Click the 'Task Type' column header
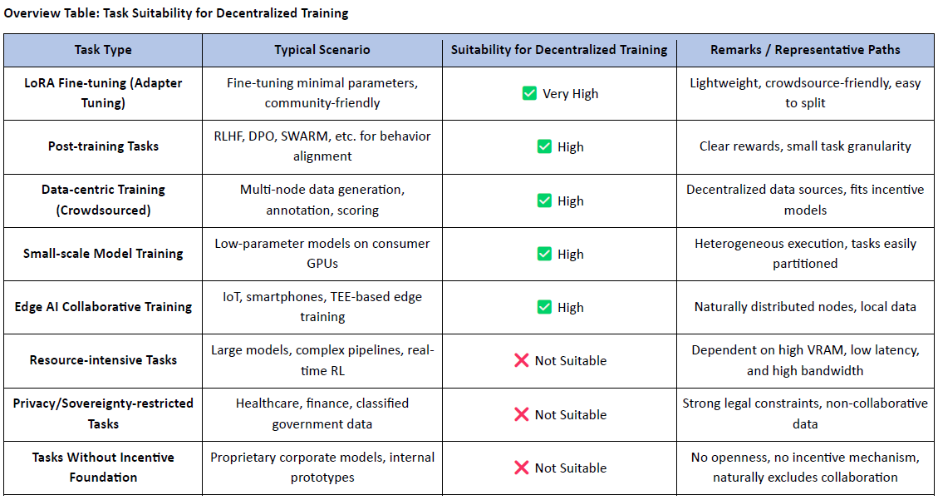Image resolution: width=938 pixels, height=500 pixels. coord(103,50)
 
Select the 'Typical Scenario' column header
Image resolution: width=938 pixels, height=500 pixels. coord(322,50)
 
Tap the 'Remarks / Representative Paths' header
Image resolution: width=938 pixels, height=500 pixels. coord(805,50)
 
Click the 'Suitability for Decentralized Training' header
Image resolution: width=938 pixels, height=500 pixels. coord(559,50)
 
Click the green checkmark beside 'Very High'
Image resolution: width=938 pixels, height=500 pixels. coord(529,93)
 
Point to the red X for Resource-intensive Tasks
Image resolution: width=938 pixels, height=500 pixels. coord(521,360)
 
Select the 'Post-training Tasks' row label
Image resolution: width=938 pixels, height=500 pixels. coord(103,146)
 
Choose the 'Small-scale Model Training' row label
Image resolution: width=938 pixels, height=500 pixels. coord(103,253)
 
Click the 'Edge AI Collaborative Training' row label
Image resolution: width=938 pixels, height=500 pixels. coord(103,307)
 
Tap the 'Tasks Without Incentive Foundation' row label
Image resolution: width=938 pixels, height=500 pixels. coord(103,467)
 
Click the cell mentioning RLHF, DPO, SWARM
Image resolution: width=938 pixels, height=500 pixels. coord(322,146)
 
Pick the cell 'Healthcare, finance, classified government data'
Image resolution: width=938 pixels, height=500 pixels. coord(322,413)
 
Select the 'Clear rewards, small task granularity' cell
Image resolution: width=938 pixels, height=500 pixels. coord(805,146)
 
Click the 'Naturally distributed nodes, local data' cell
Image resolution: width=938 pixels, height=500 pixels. coord(805,307)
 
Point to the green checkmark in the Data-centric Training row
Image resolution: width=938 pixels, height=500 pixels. coord(544,200)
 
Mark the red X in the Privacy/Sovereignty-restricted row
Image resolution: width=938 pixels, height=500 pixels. coord(521,414)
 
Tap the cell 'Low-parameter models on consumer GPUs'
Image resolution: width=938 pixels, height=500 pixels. coord(322,253)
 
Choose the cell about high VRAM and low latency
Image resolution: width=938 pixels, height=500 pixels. coord(805,360)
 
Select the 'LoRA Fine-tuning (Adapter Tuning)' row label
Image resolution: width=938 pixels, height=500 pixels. coord(103,93)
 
